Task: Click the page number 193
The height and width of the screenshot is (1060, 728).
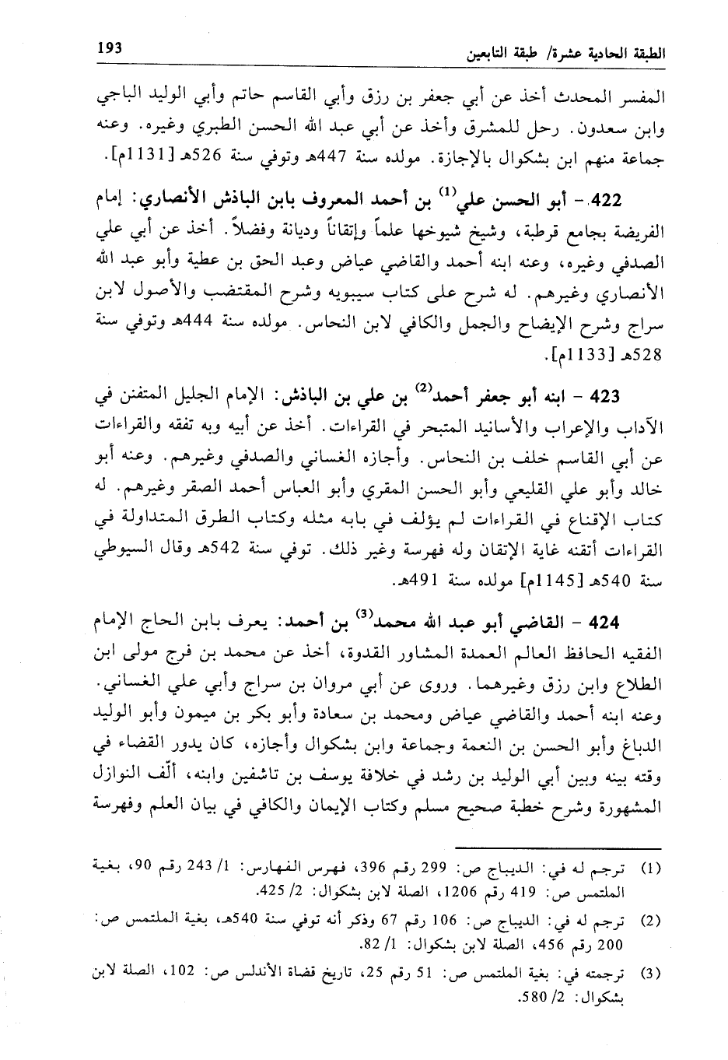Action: point(110,47)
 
